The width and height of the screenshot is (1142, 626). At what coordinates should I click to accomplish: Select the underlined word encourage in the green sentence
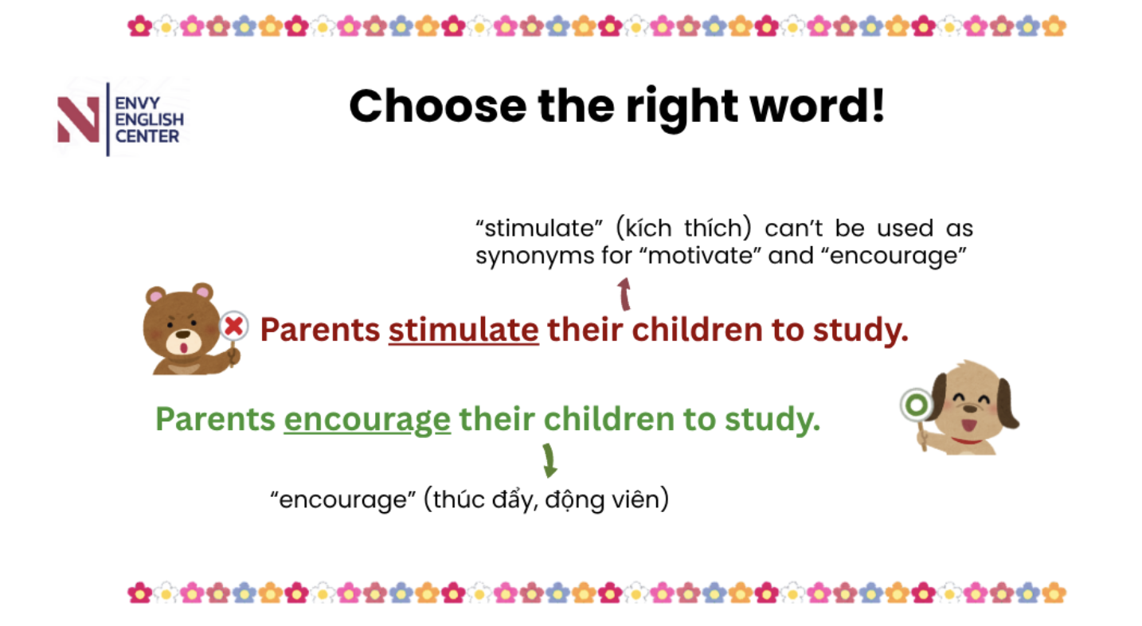[x=367, y=420]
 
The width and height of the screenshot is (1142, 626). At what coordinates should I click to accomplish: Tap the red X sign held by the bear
[x=234, y=327]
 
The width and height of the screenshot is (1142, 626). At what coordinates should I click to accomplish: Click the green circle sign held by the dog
[x=917, y=405]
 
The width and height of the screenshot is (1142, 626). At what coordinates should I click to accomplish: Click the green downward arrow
[x=549, y=460]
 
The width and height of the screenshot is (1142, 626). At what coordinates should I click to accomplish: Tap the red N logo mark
[x=78, y=119]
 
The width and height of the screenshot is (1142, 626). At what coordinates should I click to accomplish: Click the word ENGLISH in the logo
[x=150, y=119]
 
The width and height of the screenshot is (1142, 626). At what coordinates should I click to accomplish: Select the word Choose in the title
[x=438, y=106]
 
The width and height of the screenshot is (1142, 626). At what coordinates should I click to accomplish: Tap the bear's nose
[x=183, y=335]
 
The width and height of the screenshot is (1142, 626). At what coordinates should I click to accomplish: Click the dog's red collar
[x=966, y=440]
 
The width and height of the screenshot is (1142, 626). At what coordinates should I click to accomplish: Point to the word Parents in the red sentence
[x=320, y=330]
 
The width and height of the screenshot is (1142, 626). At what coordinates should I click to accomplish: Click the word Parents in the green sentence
[x=215, y=420]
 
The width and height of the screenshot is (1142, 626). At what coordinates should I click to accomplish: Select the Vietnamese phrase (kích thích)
[x=683, y=229]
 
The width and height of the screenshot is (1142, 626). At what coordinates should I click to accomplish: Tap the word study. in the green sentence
[x=772, y=420]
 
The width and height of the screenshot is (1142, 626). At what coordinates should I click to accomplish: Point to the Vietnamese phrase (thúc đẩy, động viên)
[x=546, y=499]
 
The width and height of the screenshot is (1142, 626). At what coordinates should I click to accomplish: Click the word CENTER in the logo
[x=147, y=137]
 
